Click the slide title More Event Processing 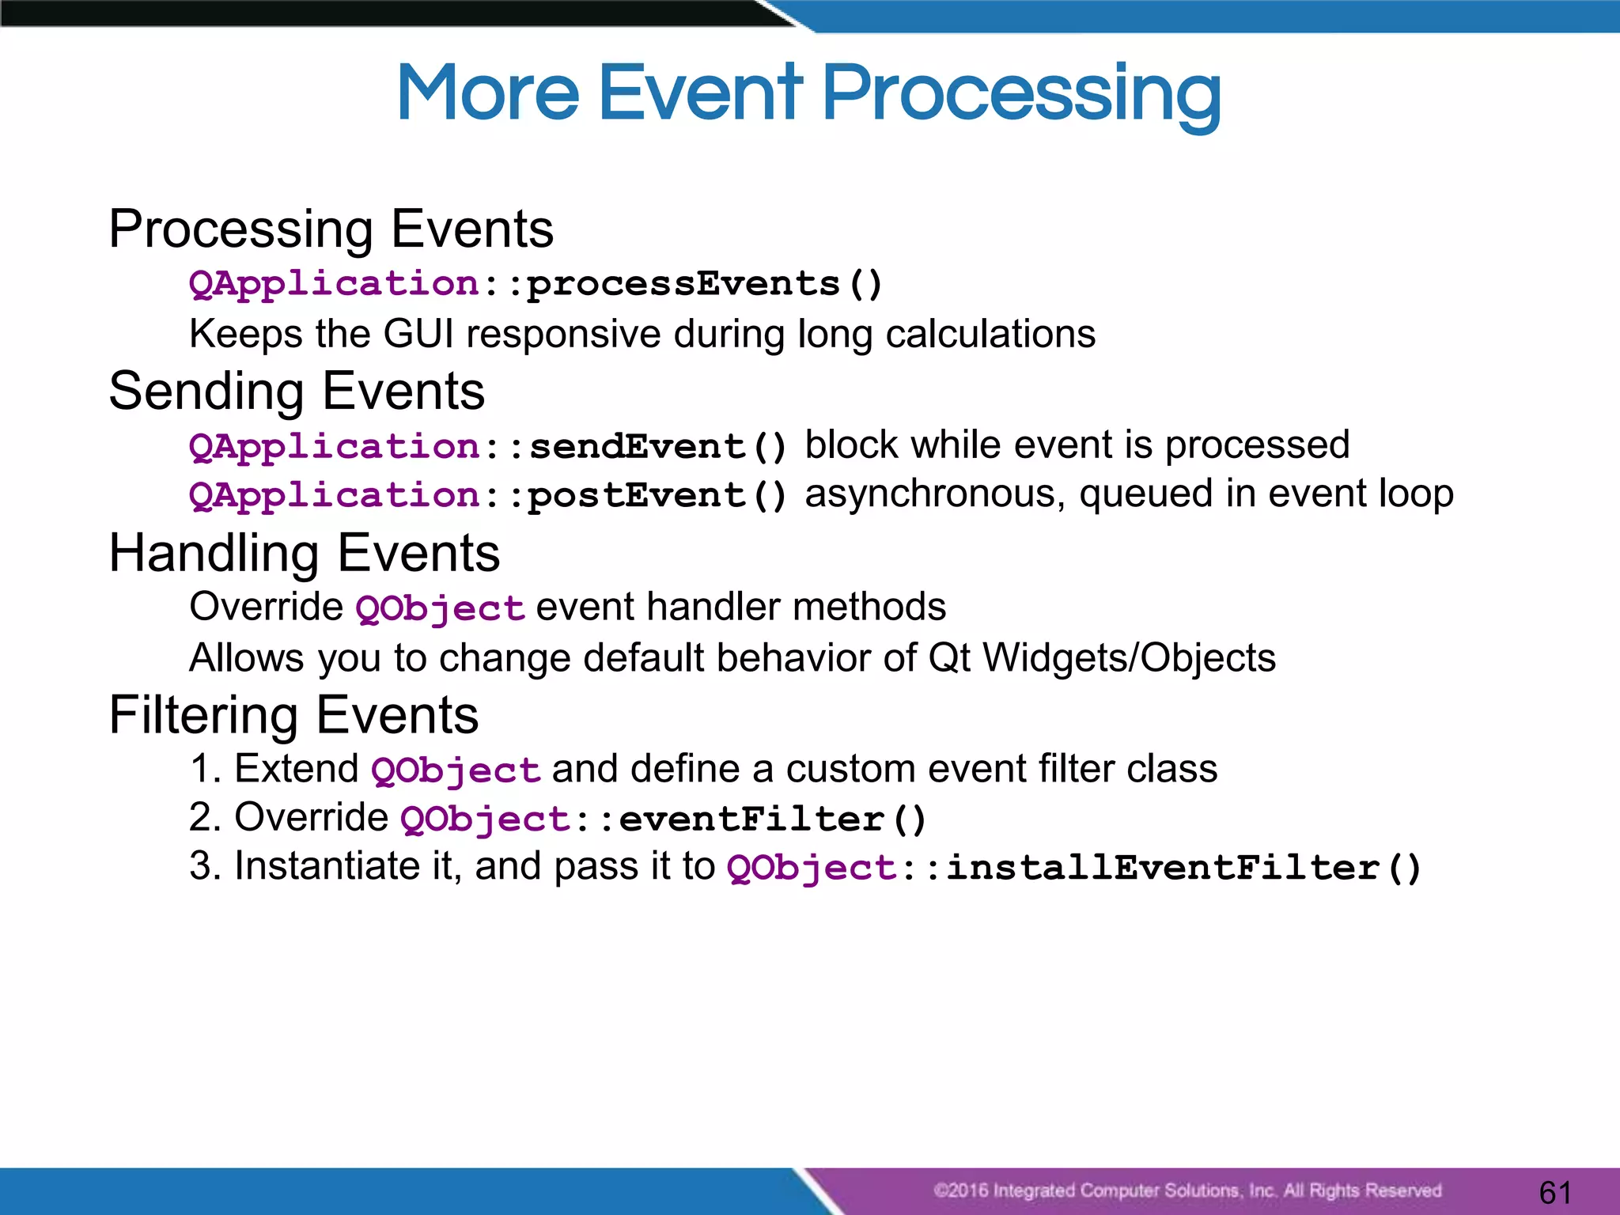tap(808, 93)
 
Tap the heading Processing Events tap(331, 229)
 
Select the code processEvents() tap(704, 284)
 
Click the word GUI tap(418, 334)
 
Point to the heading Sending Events tap(297, 392)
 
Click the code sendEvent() tap(657, 447)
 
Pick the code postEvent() tap(657, 496)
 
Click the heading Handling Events tap(305, 553)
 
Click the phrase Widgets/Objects tap(1129, 658)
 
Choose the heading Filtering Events tap(293, 715)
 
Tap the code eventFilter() tap(772, 819)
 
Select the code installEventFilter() tap(1183, 869)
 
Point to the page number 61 tap(1555, 1192)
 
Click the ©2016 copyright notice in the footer tap(1187, 1190)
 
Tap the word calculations tap(990, 334)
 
